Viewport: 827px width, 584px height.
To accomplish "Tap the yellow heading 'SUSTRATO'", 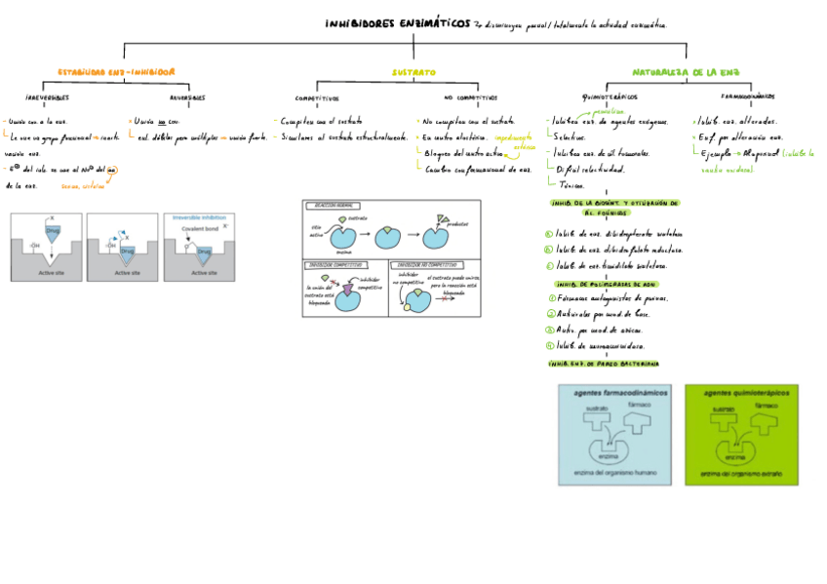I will click(x=413, y=72).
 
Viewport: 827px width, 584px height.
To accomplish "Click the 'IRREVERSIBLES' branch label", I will click(x=47, y=97).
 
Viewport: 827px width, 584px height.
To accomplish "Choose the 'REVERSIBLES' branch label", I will click(x=186, y=97).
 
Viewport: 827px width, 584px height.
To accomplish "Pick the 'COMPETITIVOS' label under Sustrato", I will click(x=317, y=97).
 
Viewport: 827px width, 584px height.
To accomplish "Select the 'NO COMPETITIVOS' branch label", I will click(x=470, y=97).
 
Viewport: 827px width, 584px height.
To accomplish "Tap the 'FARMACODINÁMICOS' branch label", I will click(x=748, y=97).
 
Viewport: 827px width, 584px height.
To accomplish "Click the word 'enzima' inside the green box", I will click(x=736, y=455).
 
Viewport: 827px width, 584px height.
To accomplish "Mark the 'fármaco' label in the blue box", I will click(x=640, y=404).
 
